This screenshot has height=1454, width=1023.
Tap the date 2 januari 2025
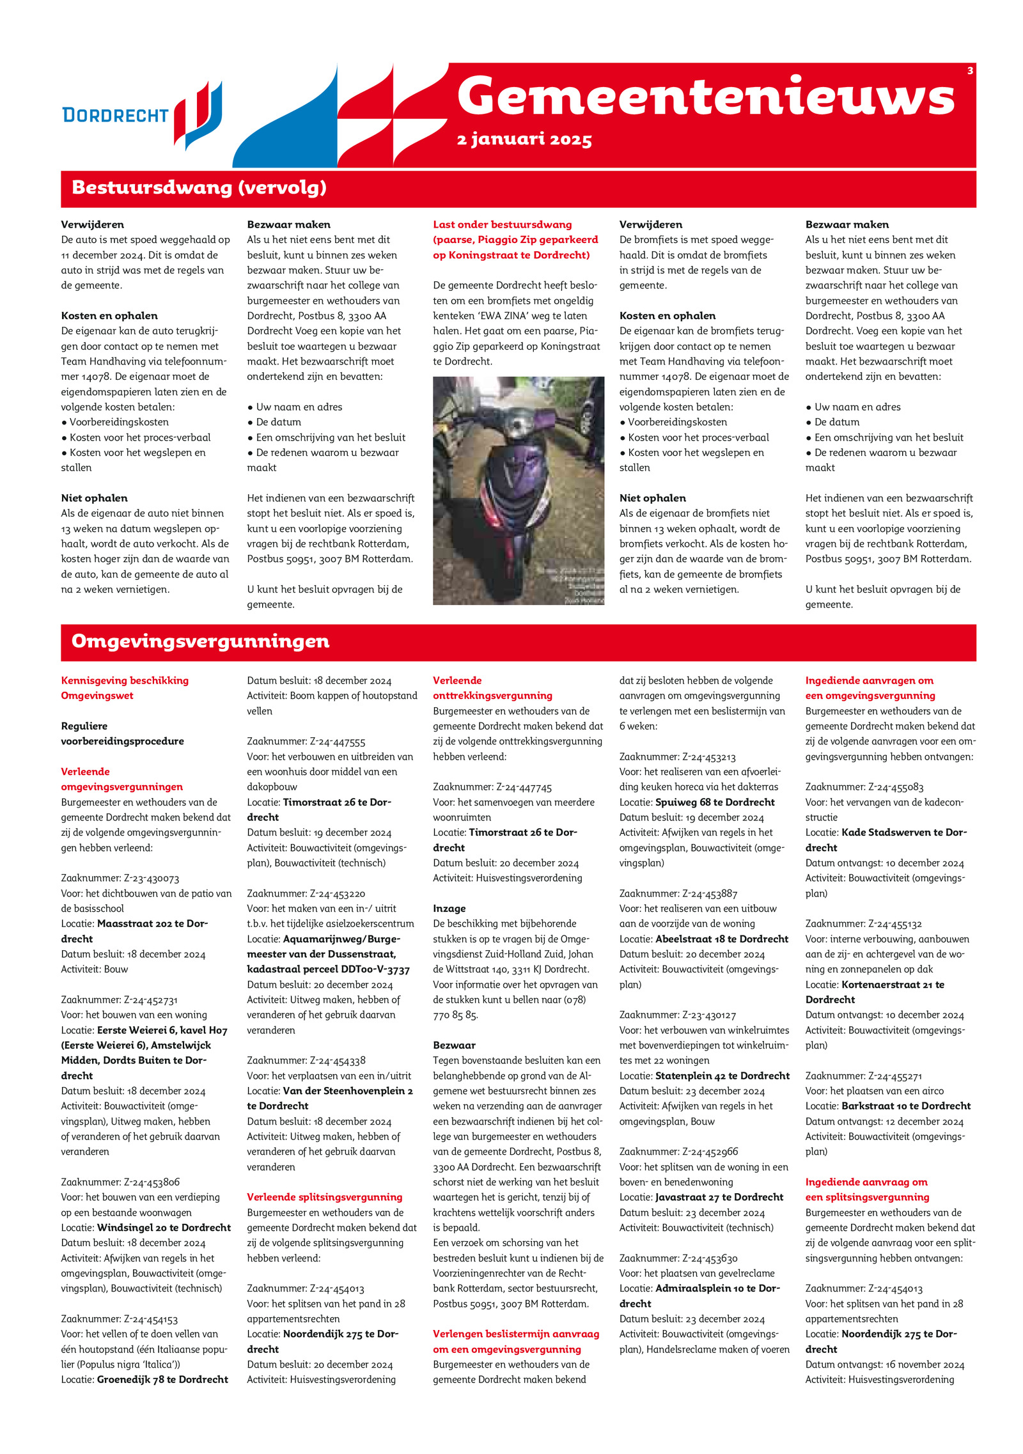coord(524,139)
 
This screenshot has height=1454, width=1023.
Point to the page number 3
coord(970,71)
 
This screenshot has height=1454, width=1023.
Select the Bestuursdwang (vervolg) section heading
coord(199,188)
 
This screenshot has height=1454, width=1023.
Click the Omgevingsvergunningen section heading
coord(200,641)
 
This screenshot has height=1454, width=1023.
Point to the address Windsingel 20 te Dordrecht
coord(164,1228)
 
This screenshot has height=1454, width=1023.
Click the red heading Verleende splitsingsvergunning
coord(325,1197)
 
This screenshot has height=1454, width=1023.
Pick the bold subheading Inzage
coord(449,909)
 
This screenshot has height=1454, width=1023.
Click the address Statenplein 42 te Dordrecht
coord(722,1076)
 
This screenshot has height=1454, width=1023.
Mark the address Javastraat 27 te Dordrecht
coord(719,1197)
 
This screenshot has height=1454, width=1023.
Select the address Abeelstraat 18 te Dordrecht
coord(722,939)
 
